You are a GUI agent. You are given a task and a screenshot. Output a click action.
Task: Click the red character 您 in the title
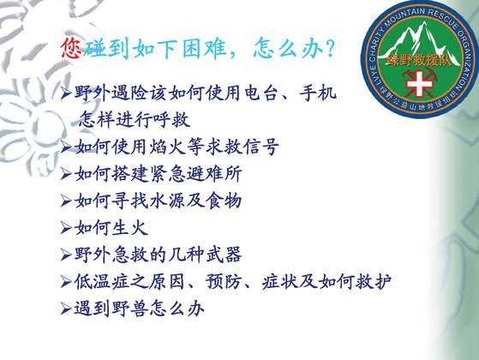pyautogui.click(x=71, y=48)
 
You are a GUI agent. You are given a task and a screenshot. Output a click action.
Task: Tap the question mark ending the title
pyautogui.click(x=330, y=48)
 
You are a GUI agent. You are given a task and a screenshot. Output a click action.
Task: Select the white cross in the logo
pyautogui.click(x=420, y=83)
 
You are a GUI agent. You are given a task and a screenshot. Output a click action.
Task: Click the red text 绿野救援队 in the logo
pyautogui.click(x=419, y=61)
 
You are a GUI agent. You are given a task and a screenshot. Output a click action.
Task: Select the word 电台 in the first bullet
pyautogui.click(x=260, y=93)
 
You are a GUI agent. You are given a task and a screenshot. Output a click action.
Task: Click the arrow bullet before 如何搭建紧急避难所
pyautogui.click(x=66, y=174)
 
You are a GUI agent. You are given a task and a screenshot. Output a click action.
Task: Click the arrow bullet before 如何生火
pyautogui.click(x=66, y=228)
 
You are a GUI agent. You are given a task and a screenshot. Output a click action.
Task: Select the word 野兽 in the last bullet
pyautogui.click(x=130, y=309)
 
